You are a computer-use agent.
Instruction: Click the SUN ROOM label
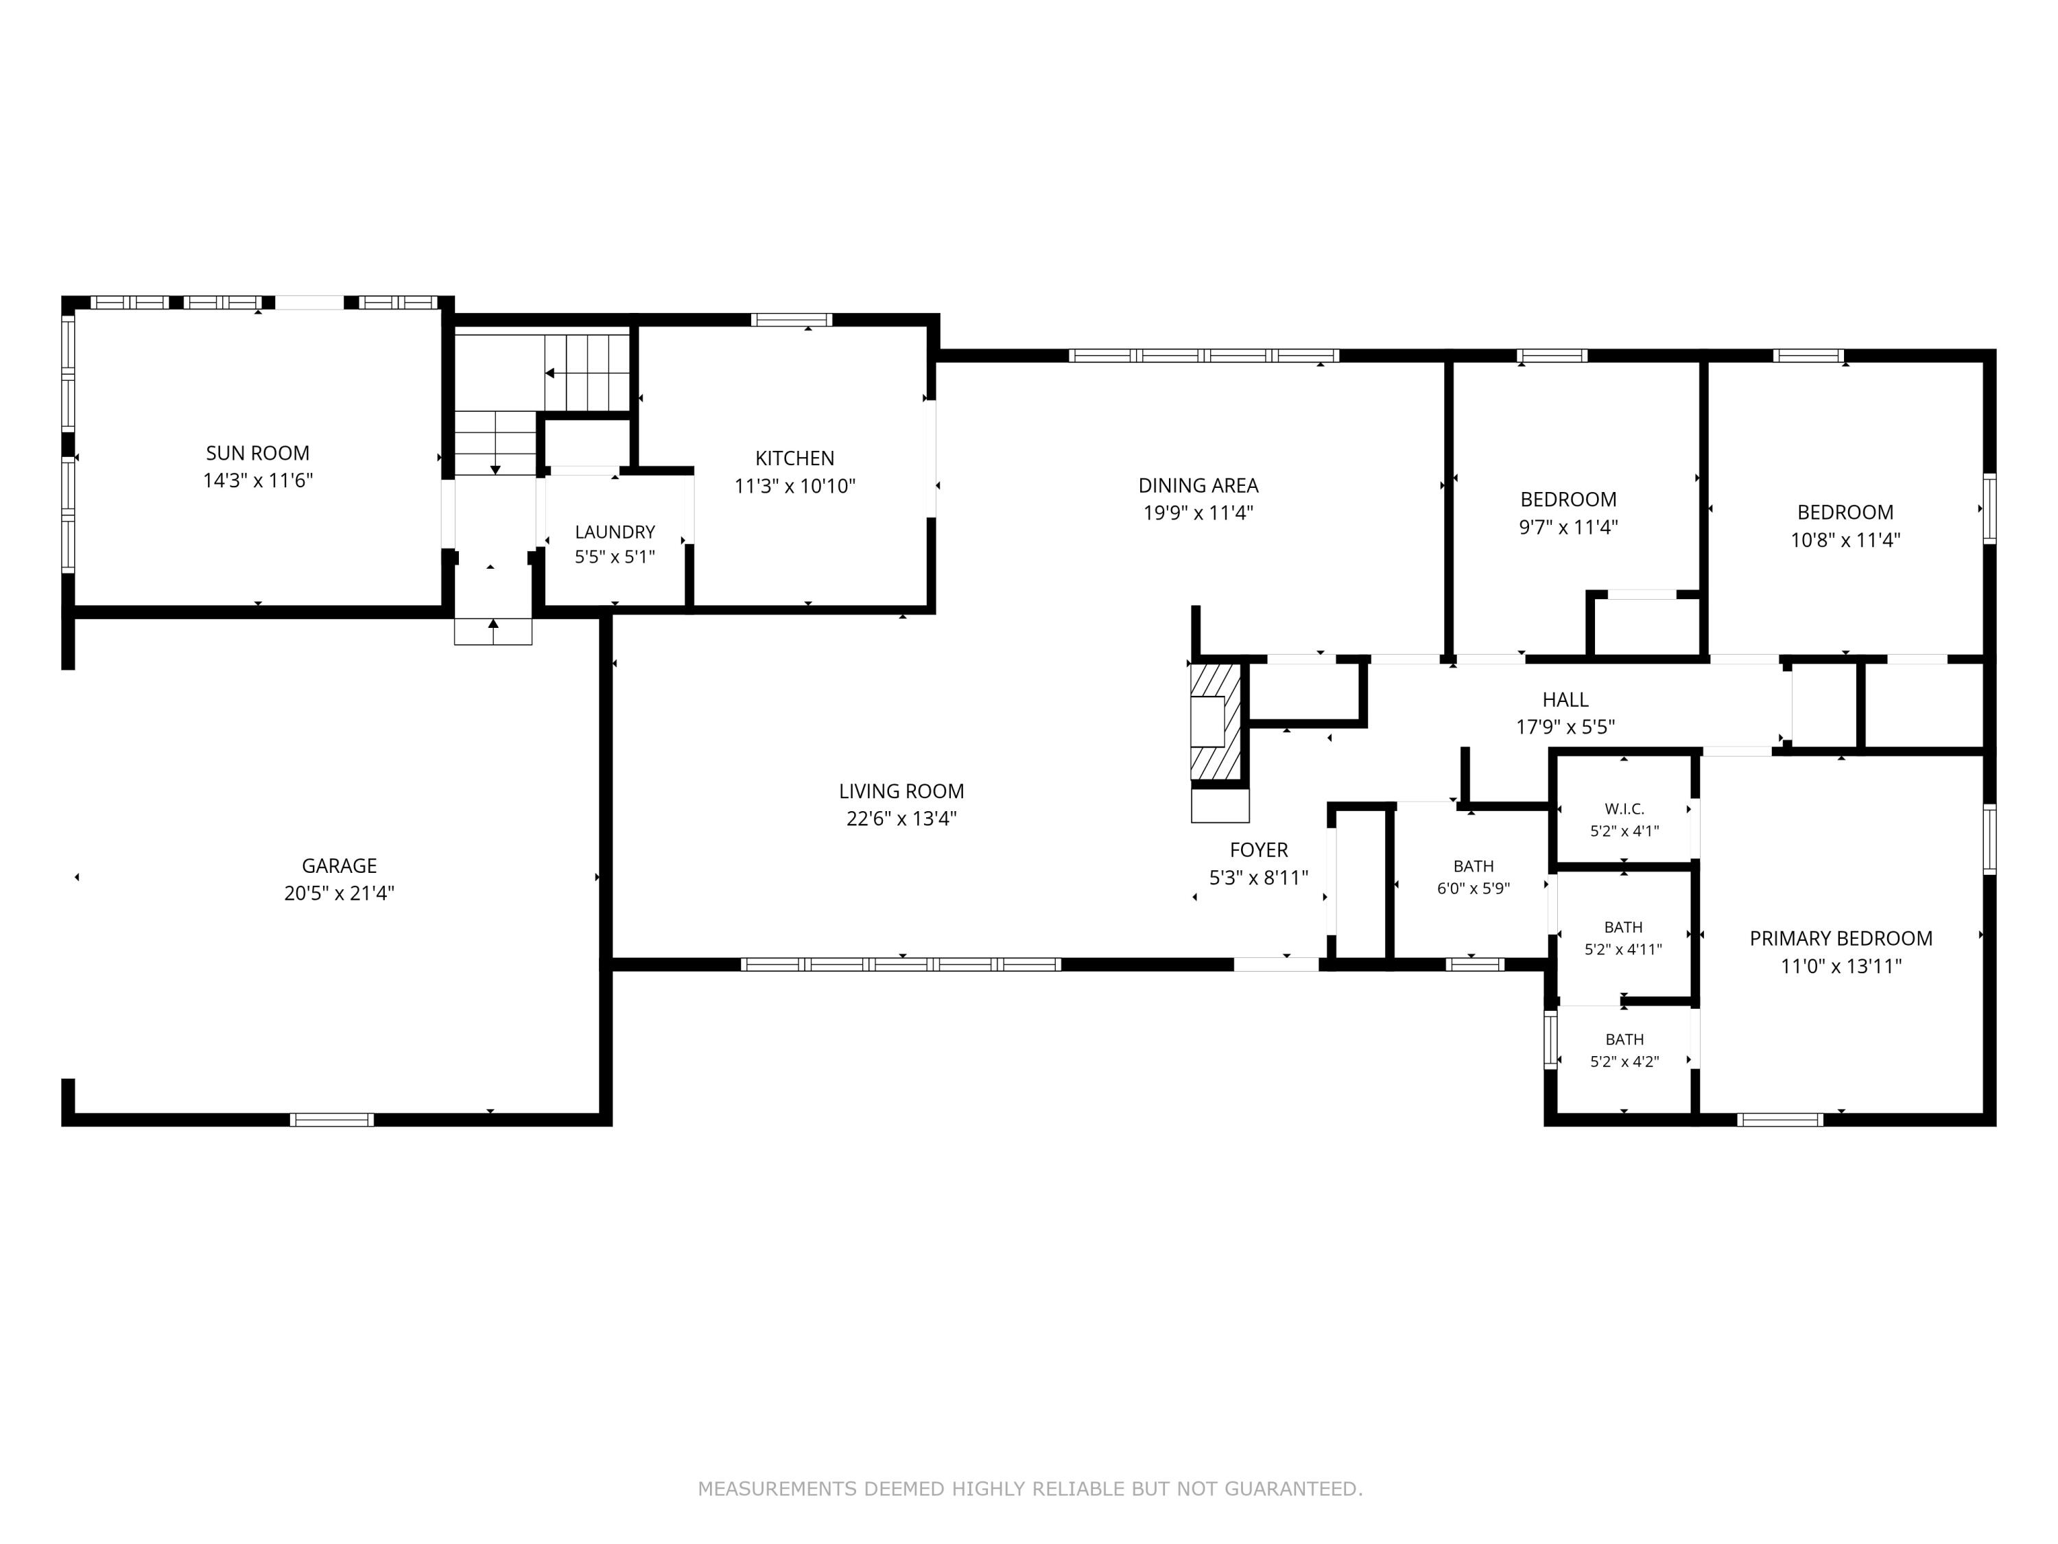click(258, 453)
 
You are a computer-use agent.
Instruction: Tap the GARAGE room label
click(340, 865)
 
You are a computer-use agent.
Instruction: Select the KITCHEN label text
click(794, 458)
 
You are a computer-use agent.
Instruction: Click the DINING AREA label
click(1198, 485)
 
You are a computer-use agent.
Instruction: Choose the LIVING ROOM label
click(901, 791)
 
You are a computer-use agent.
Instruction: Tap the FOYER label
click(1259, 850)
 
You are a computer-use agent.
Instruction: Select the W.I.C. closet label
click(1624, 809)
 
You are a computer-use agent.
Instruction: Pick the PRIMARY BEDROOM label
click(1841, 938)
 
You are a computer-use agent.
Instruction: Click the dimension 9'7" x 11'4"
click(1569, 527)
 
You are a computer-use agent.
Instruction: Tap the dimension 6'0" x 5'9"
click(1474, 888)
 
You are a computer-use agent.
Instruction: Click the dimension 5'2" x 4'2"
click(1624, 1061)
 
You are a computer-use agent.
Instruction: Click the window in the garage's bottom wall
click(332, 1120)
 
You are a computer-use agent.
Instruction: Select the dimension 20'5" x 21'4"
click(340, 893)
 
